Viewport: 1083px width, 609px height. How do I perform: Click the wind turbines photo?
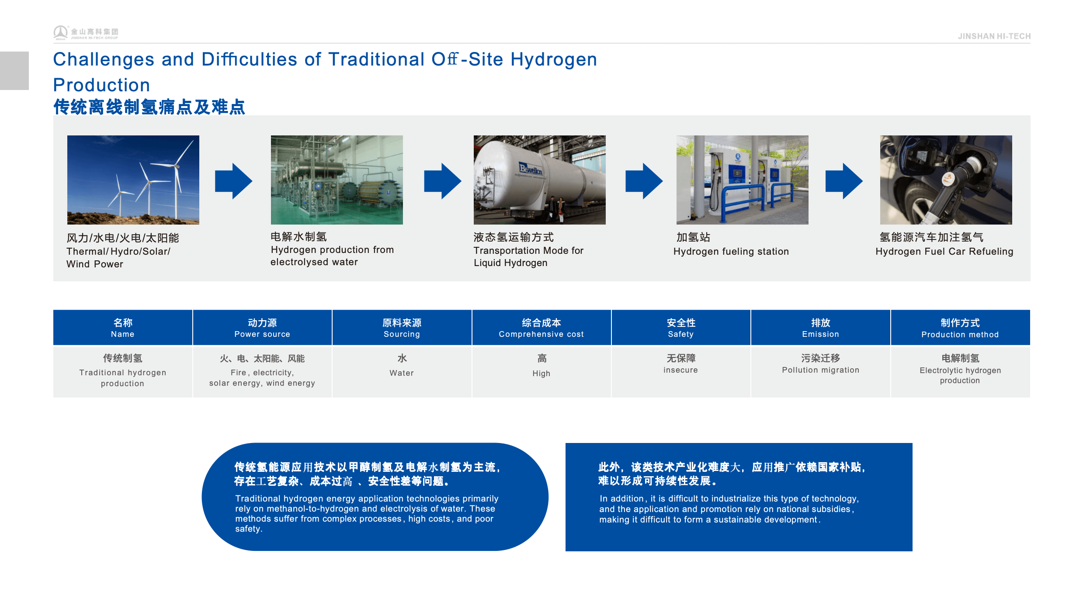[133, 180]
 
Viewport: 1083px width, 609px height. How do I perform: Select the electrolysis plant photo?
[337, 180]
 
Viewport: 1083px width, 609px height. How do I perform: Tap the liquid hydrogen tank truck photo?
[540, 180]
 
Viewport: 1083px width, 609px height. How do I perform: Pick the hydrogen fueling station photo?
[743, 180]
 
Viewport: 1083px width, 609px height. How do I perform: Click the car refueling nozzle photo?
[946, 180]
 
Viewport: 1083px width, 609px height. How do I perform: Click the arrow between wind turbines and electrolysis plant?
[234, 181]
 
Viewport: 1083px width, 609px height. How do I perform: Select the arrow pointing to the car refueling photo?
[844, 181]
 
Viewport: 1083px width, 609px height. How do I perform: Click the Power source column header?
[262, 328]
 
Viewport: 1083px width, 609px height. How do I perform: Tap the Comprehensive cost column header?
[541, 328]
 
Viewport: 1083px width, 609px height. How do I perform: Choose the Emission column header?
[821, 328]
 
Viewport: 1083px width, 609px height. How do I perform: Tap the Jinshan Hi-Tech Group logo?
[86, 33]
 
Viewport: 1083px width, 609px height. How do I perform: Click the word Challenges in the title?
[104, 60]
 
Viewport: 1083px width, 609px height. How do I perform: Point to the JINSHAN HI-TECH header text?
[994, 36]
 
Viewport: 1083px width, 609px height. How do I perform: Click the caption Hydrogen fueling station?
[731, 252]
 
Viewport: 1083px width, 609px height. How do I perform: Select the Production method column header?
[960, 328]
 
